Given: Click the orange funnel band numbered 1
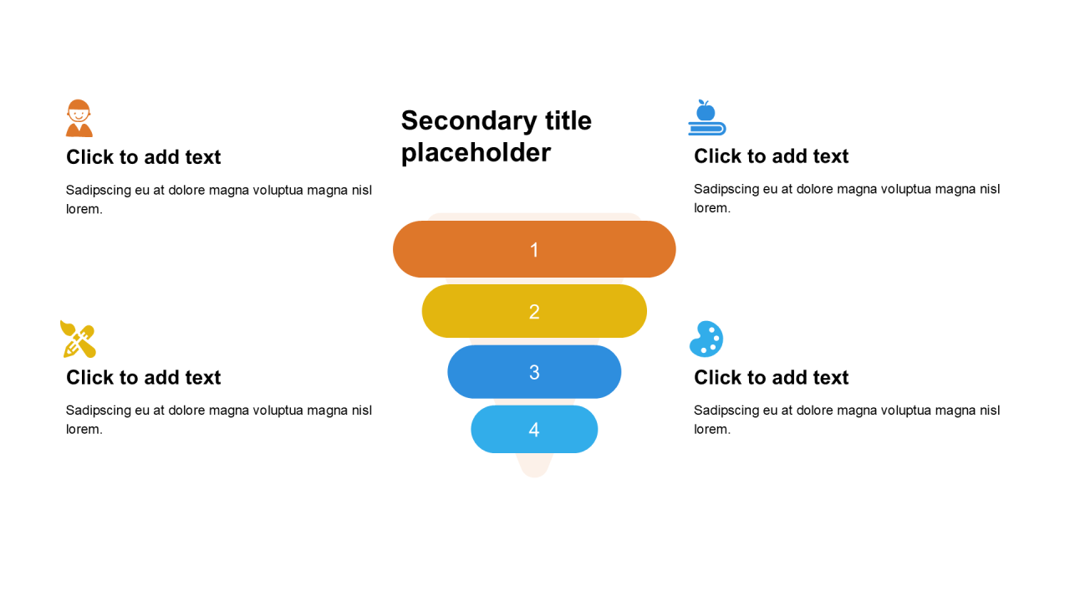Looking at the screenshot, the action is point(534,249).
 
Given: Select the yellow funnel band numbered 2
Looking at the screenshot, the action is point(534,311).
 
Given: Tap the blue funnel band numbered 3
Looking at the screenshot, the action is point(534,372).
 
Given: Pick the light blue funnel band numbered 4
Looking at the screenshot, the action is point(534,429).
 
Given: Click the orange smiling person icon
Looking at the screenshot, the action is point(79,118).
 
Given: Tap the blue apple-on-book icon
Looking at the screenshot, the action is point(707,118).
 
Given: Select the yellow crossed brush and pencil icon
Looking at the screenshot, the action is point(78,339).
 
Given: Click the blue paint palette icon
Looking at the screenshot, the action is point(706,339).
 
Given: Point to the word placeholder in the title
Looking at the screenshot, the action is point(476,153).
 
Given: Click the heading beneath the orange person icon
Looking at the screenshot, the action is point(143,156).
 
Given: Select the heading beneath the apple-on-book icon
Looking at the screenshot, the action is point(771,156).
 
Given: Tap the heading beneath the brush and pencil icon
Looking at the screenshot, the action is point(143,377).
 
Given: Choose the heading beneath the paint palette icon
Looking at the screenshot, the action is point(771,377).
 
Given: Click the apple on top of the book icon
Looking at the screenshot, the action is point(706,110).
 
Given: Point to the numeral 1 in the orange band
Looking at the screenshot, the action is point(534,249).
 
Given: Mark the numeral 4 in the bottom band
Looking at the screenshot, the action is point(534,430).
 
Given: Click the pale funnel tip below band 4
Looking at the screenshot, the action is point(534,466).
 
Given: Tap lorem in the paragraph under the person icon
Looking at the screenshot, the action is point(84,209).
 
